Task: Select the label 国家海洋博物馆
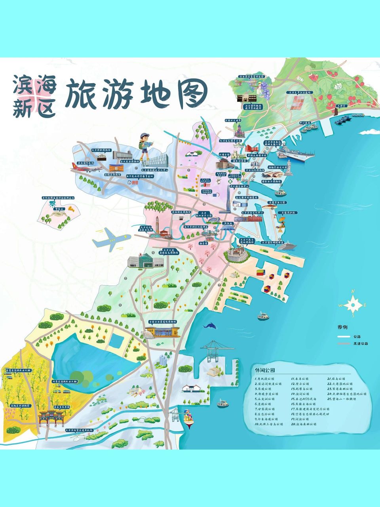point(271,181)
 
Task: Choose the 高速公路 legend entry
point(360,343)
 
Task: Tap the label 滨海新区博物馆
point(182,213)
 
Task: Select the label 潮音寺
point(204,244)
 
